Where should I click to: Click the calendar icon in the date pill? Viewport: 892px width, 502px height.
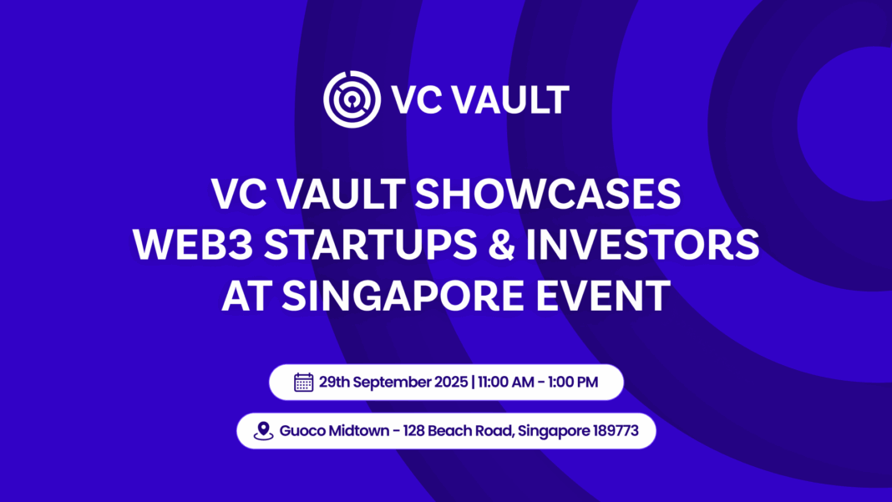pyautogui.click(x=304, y=383)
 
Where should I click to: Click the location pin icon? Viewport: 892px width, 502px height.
pyautogui.click(x=264, y=431)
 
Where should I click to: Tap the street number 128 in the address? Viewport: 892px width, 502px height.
pyautogui.click(x=415, y=431)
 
